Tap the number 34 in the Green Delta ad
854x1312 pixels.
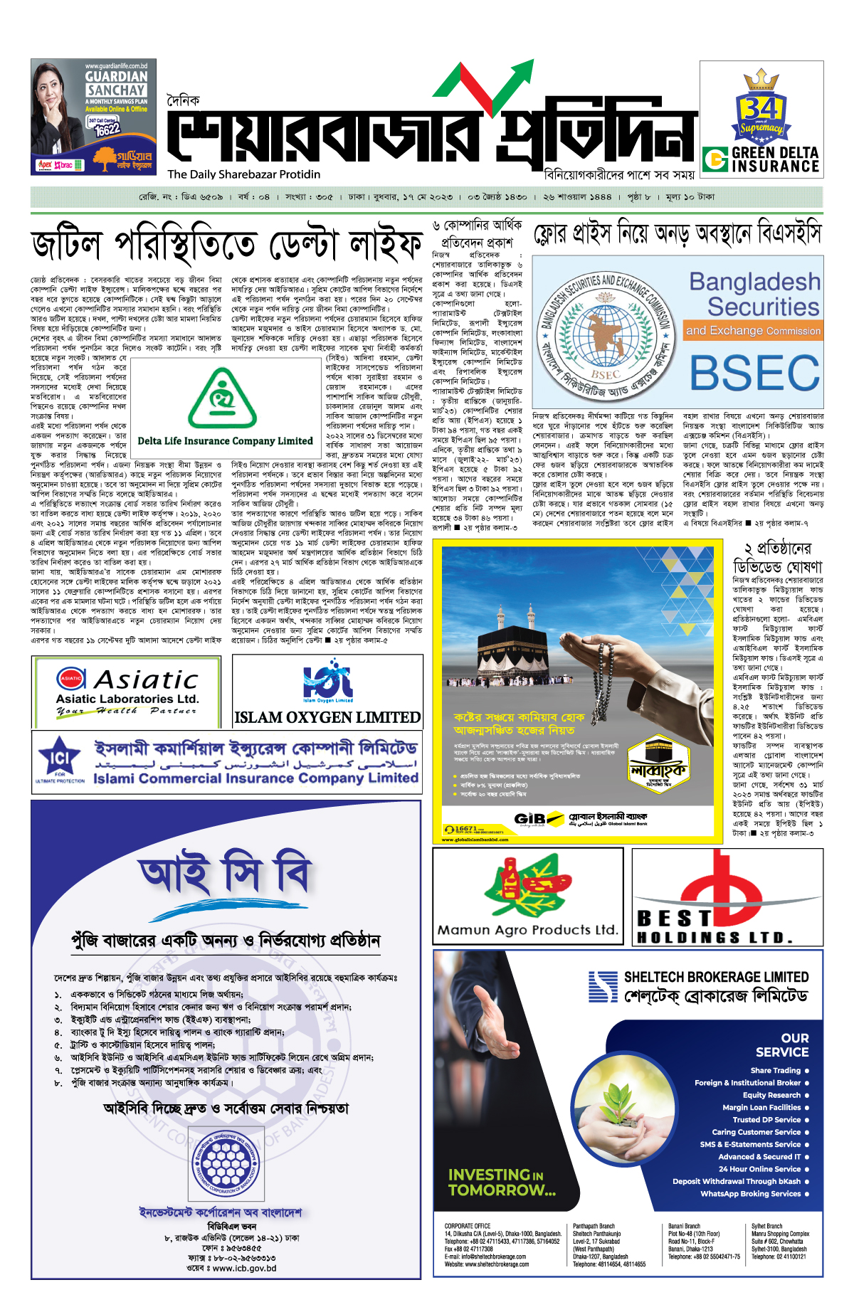pos(760,108)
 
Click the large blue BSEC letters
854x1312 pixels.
pos(754,372)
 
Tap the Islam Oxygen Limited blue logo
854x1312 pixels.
pos(327,681)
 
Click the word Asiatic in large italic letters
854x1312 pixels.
pos(147,679)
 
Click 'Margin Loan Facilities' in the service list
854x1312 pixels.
pos(761,1107)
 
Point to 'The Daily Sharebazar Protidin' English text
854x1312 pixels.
pos(243,174)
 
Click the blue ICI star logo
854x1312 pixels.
pos(60,758)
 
